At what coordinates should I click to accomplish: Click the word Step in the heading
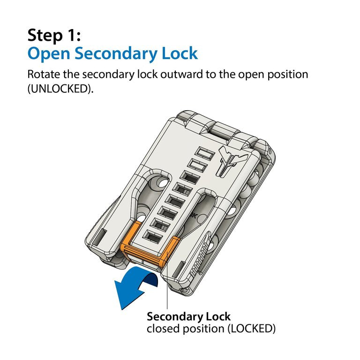[x=45, y=35]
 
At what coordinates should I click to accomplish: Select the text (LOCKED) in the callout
[x=251, y=329]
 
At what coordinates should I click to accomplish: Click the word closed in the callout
[x=162, y=329]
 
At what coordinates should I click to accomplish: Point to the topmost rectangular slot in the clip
[x=203, y=154]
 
